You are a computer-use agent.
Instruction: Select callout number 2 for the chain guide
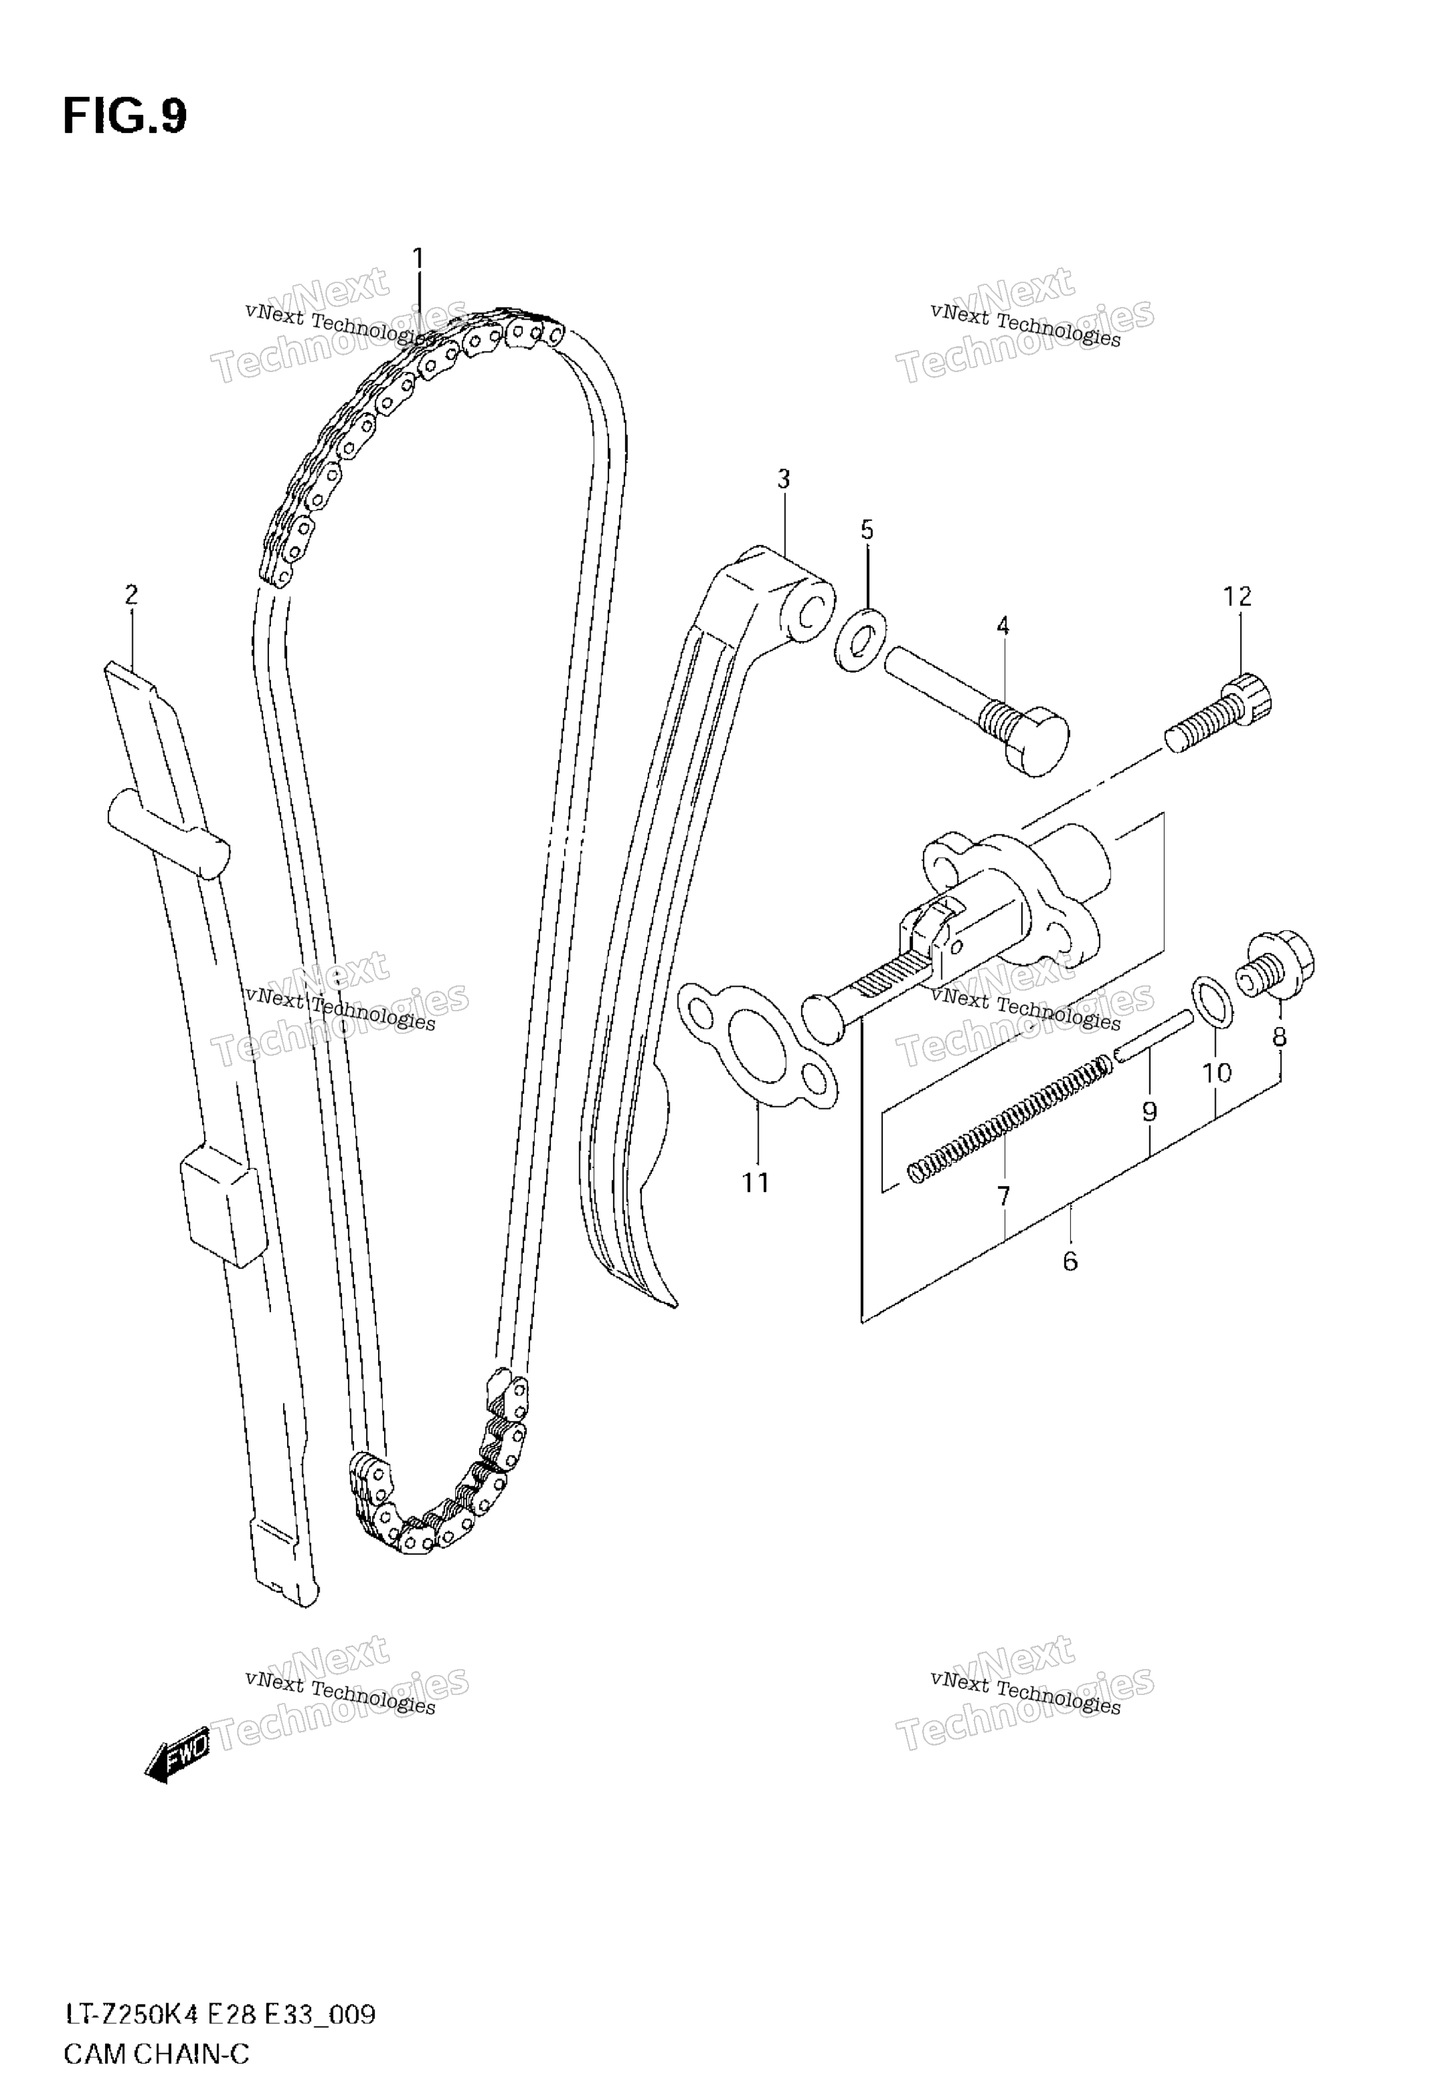click(132, 595)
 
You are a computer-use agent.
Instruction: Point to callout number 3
click(783, 479)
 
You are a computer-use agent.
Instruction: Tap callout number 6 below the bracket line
click(1070, 1261)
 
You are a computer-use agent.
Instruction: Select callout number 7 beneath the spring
click(1003, 1197)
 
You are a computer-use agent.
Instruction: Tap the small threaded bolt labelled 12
click(1217, 717)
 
